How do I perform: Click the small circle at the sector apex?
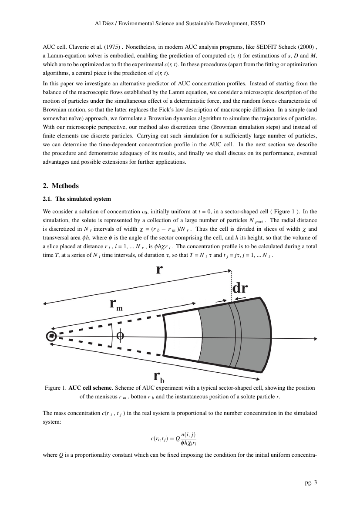51,336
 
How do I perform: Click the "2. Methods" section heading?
61,186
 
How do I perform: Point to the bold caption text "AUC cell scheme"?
87,388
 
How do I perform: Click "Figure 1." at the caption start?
55,388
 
